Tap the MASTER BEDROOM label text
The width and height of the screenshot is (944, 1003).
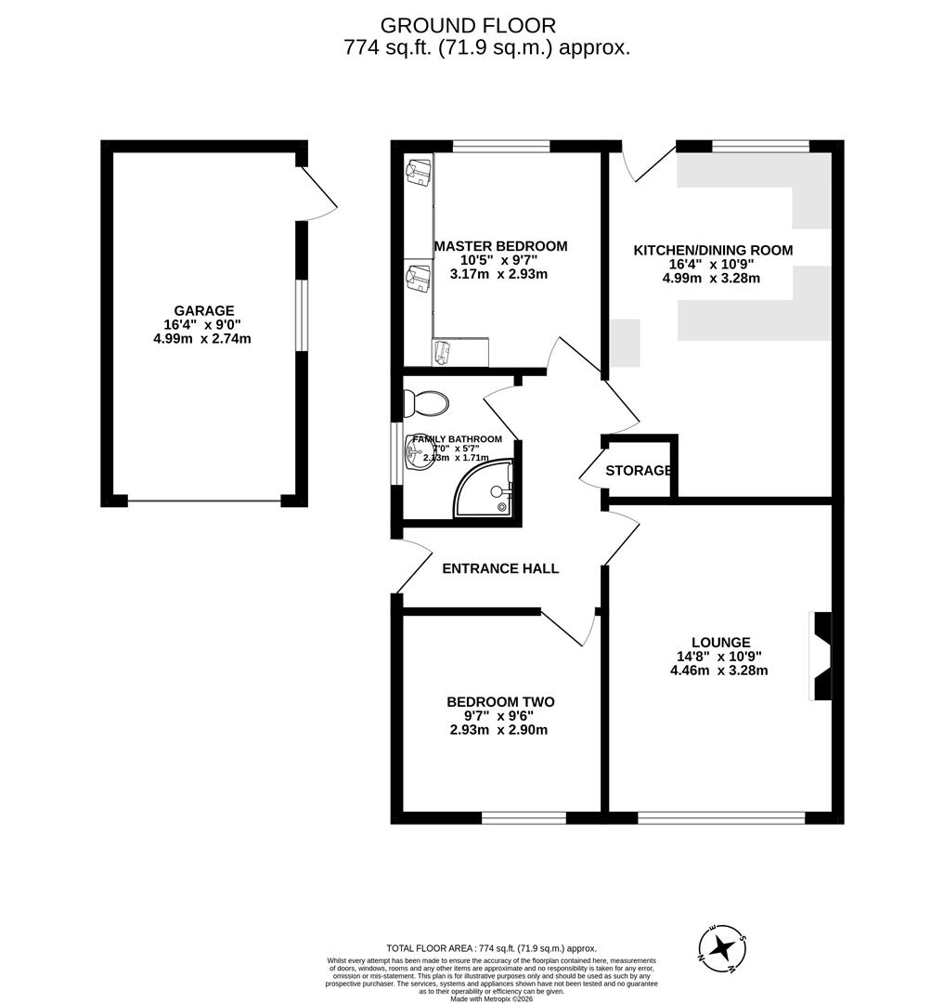point(500,246)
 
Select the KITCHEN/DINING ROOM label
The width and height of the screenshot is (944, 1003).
point(713,250)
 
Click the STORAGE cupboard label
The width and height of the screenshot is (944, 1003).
point(639,471)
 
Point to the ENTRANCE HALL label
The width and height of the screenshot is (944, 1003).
point(500,568)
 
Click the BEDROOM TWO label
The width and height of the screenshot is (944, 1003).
point(500,702)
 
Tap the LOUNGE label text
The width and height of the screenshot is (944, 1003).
point(720,642)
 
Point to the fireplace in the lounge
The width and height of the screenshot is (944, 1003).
point(821,657)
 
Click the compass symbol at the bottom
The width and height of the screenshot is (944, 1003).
point(721,948)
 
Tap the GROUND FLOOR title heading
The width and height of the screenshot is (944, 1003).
point(468,25)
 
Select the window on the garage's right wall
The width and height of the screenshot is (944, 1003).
point(301,315)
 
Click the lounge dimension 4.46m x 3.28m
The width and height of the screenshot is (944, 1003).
point(718,670)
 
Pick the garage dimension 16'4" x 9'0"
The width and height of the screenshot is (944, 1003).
point(202,325)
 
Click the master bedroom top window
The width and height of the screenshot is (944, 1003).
point(500,146)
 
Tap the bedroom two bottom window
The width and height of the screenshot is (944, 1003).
point(524,817)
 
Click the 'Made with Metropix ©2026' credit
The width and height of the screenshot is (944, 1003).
point(493,998)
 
